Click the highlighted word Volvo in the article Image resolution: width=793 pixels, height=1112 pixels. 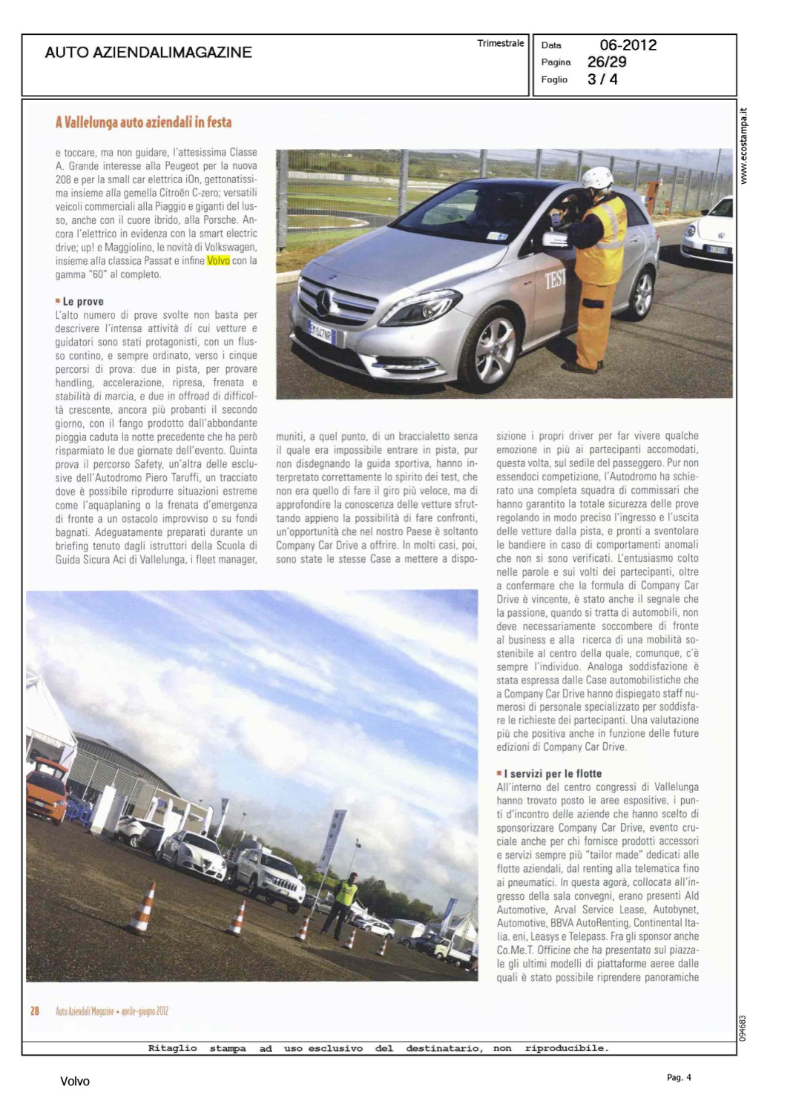(218, 261)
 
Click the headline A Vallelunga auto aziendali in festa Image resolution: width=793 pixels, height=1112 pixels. (143, 122)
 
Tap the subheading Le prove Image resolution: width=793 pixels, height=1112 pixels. (82, 302)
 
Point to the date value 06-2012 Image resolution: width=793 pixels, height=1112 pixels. (628, 45)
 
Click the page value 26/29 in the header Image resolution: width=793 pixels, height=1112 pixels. (606, 62)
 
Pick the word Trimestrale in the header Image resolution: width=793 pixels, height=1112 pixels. (500, 44)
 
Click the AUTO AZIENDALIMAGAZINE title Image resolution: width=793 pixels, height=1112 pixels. (148, 53)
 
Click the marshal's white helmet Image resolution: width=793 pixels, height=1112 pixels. (597, 178)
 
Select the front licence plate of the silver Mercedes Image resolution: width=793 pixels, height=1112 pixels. (321, 332)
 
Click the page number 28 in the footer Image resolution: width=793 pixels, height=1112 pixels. (34, 1011)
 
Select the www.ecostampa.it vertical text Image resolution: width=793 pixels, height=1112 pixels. (744, 146)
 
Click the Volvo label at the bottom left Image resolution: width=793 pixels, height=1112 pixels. (75, 1082)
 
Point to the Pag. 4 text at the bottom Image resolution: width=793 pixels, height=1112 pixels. (678, 1077)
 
